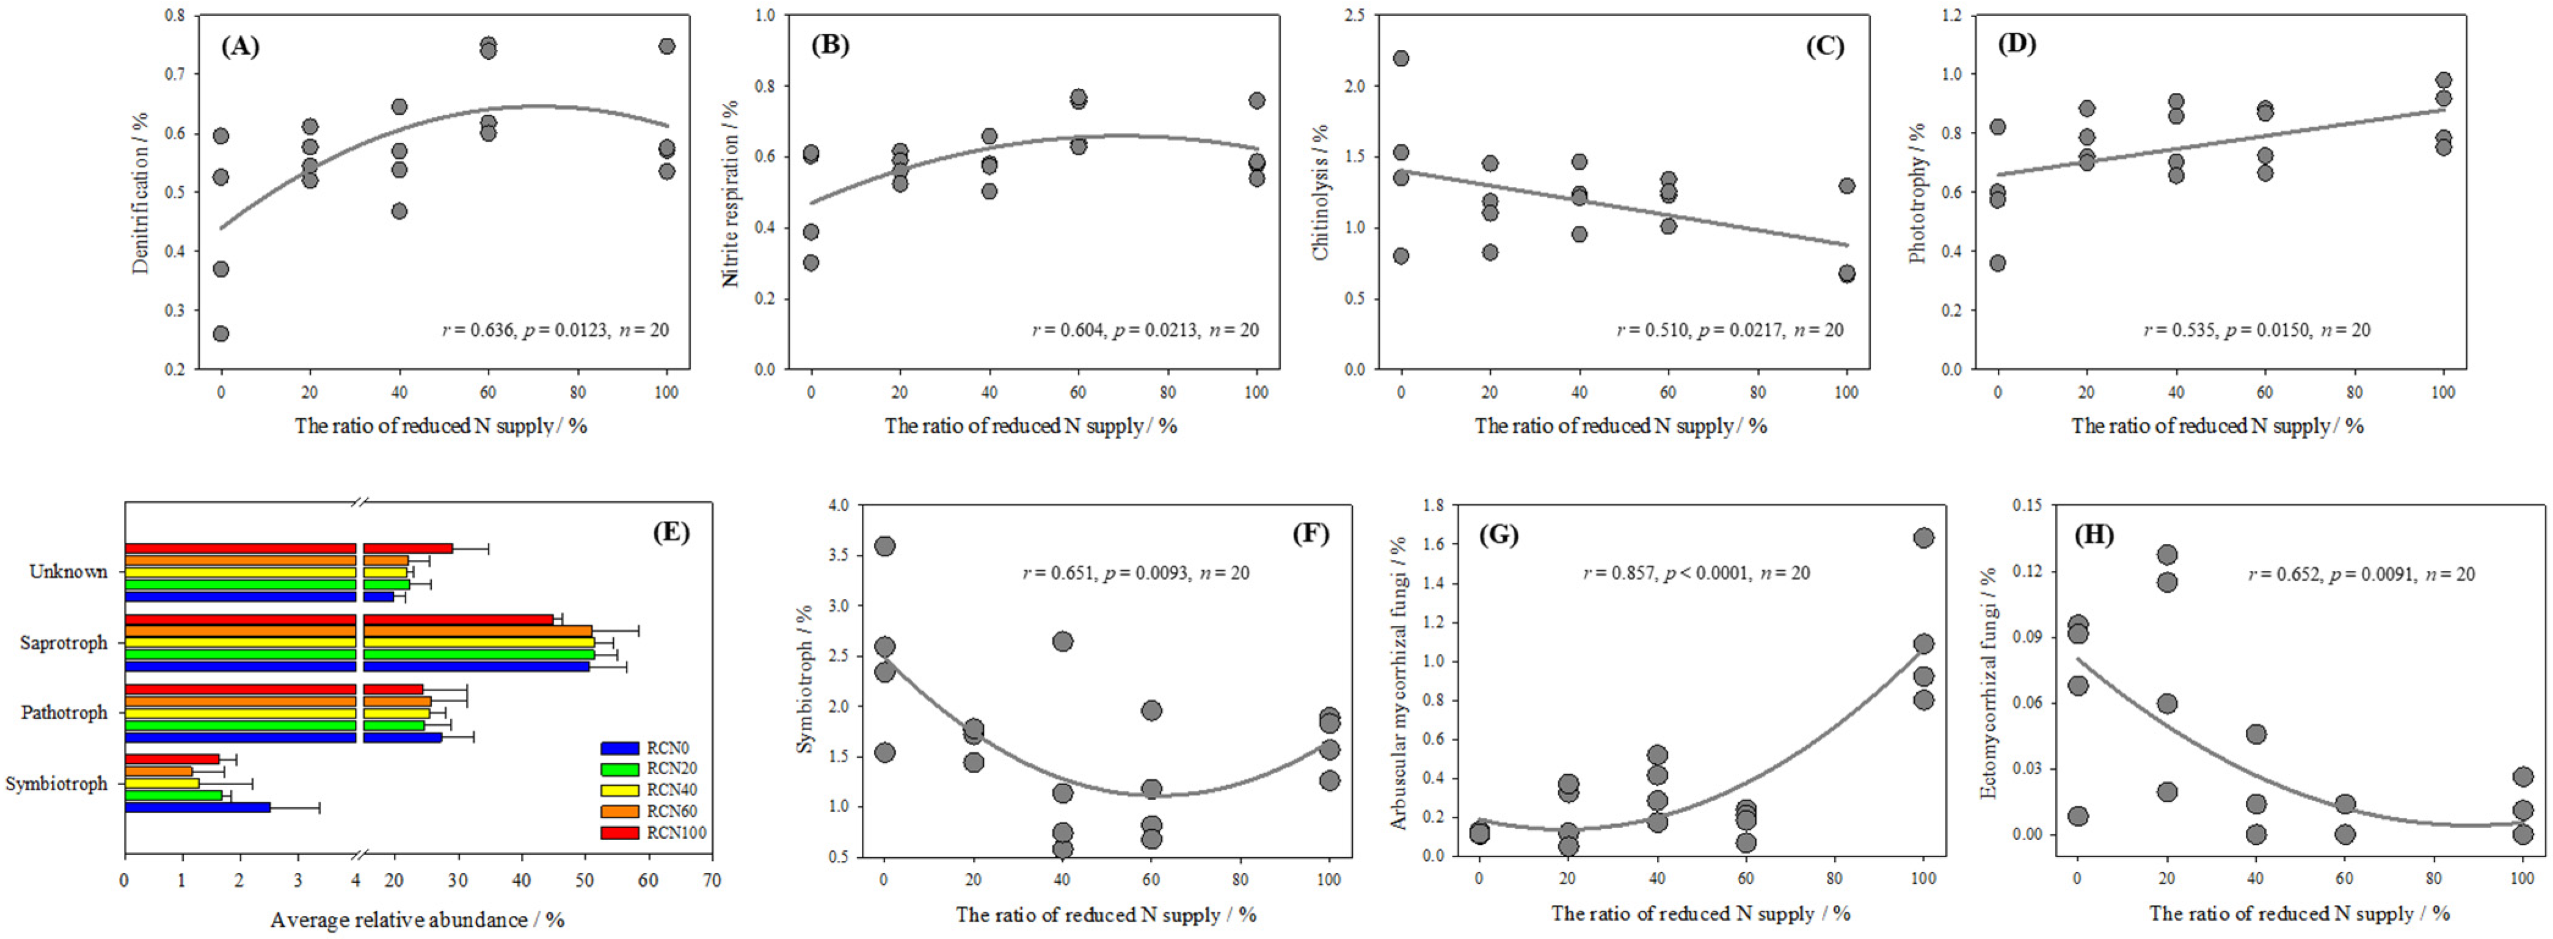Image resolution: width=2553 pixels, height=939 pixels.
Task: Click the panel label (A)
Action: (x=240, y=46)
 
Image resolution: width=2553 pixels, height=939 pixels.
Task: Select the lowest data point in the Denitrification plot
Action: (x=221, y=334)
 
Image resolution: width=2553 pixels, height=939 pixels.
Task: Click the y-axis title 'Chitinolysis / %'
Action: (x=1321, y=192)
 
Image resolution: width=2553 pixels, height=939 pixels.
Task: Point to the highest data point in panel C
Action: (x=1400, y=59)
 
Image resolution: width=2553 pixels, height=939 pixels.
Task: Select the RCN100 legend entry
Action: (x=654, y=833)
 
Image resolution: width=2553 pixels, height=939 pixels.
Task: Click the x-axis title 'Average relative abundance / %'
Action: (x=417, y=919)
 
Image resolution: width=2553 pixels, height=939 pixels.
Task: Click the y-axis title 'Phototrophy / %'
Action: (x=1918, y=192)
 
